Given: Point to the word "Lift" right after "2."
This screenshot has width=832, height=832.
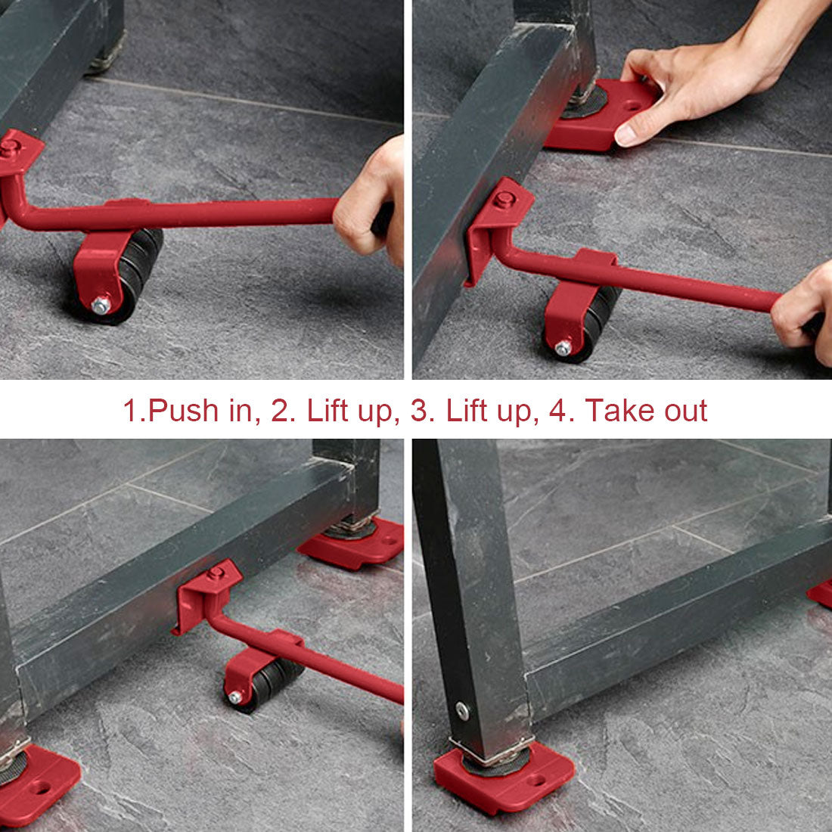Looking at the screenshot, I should (333, 411).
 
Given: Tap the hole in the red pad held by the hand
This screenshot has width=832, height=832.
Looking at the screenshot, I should (631, 105).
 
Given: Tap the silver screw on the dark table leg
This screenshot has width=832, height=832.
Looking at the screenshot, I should (461, 711).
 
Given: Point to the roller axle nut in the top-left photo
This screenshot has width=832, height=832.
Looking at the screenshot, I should (100, 305).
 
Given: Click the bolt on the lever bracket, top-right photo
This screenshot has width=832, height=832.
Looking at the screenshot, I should (504, 200).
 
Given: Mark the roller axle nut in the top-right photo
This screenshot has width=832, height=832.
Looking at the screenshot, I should (563, 347).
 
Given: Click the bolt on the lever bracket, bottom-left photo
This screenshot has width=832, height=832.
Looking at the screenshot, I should (216, 573).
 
